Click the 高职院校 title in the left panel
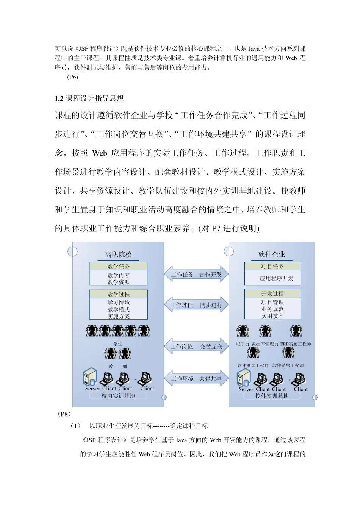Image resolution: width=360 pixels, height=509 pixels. pos(118,254)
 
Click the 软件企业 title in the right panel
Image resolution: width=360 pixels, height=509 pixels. pos(271,254)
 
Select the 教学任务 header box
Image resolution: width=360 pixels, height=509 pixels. pos(118,266)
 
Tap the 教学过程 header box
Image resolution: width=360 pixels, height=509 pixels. pos(118,294)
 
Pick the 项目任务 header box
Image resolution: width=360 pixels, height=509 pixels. pos(272,266)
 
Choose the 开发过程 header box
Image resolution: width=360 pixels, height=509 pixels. pos(272,294)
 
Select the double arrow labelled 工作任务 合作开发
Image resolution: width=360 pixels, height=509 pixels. pos(196,275)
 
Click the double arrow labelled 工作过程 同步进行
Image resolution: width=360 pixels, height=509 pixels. pos(196,305)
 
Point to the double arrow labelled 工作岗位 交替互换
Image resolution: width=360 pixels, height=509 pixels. pos(196,347)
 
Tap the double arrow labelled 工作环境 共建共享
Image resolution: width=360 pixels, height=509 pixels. pos(196,379)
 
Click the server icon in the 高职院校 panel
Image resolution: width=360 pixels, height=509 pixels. pos(91,376)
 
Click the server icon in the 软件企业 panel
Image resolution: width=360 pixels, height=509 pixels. pos(244,378)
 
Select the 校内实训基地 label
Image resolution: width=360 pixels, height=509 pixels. pos(118,396)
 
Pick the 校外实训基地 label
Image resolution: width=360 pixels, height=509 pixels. pos(272,396)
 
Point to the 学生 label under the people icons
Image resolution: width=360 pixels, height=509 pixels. pos(118,344)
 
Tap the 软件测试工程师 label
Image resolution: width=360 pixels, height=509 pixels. pos(253,365)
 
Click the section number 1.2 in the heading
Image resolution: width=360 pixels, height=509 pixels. pos(59,99)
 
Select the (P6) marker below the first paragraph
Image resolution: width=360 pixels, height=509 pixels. pos(72,77)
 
